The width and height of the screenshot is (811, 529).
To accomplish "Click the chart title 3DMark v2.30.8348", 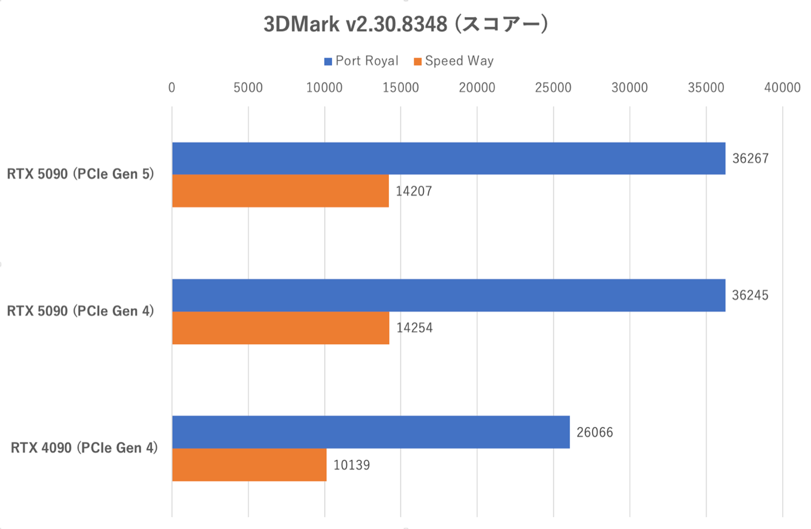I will tap(405, 25).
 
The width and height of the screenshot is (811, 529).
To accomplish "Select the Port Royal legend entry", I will tap(361, 61).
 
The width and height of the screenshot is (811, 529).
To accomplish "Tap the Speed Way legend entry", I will tap(453, 61).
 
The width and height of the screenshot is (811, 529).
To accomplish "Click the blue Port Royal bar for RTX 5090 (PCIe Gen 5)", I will tap(448, 159).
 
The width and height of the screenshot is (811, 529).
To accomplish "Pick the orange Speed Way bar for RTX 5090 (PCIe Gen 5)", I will tap(280, 191).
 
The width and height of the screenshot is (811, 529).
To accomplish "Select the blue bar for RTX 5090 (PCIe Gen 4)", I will tap(448, 295).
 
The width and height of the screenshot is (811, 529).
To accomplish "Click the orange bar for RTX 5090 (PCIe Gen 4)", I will tap(280, 328).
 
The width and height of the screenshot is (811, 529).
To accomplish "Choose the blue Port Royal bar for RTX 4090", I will tap(371, 432).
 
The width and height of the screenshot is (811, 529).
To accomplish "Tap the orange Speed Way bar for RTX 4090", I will tap(249, 465).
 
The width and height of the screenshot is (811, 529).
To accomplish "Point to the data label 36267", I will tap(750, 159).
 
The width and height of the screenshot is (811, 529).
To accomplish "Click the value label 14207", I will tap(413, 191).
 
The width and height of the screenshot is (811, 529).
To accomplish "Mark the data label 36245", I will tap(750, 295).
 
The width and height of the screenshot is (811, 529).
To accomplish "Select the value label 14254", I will tap(414, 328).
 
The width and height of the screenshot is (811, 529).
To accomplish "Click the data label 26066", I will tap(594, 433).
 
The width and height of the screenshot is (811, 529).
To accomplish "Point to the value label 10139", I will tap(351, 466).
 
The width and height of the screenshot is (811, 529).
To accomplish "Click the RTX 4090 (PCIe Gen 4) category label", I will tap(84, 448).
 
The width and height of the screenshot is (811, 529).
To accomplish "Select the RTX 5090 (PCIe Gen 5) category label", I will tap(80, 174).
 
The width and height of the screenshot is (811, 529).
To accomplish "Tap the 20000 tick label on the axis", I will tap(477, 88).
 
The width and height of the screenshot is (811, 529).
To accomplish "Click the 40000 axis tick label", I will tap(782, 88).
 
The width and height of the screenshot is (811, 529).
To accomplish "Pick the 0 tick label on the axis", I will tap(171, 88).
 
